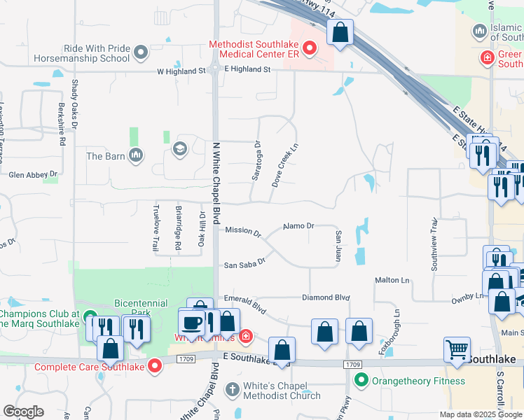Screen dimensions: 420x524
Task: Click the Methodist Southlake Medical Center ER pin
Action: [309, 49]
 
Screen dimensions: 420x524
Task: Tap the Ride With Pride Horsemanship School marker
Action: [141, 52]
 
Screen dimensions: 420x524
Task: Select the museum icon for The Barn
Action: [136, 155]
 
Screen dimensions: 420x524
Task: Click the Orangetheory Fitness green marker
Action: [361, 381]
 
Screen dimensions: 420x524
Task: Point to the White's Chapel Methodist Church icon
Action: [233, 386]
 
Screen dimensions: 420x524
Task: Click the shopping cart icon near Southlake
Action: [457, 348]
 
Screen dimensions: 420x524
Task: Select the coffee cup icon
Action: [191, 322]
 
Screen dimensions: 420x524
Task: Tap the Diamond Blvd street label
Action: [326, 297]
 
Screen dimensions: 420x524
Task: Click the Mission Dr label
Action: [243, 230]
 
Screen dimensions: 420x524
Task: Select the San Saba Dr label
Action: [244, 265]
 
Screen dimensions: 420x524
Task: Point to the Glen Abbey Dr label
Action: [32, 174]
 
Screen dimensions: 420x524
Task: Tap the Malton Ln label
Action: [392, 280]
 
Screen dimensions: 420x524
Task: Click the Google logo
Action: [23, 412]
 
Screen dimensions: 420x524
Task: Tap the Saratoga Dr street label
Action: [256, 161]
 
